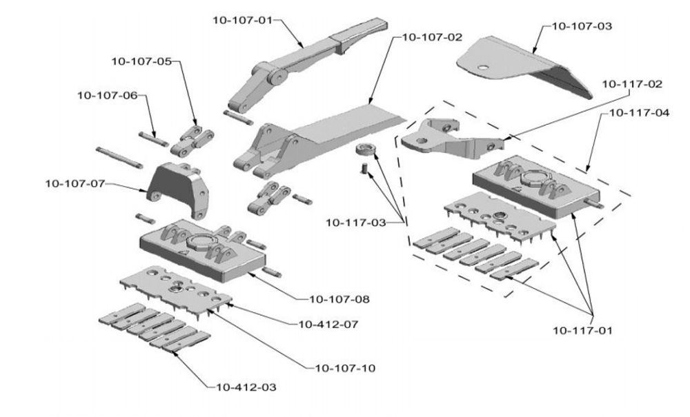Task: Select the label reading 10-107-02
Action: coord(432,37)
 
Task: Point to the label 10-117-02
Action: coord(631,84)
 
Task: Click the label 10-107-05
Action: coord(141,61)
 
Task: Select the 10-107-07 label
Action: coord(76,183)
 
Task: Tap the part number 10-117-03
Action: coord(356,222)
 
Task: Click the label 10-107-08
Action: coord(339,299)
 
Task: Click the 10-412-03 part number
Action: coord(246,387)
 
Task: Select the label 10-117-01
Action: coord(582,329)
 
